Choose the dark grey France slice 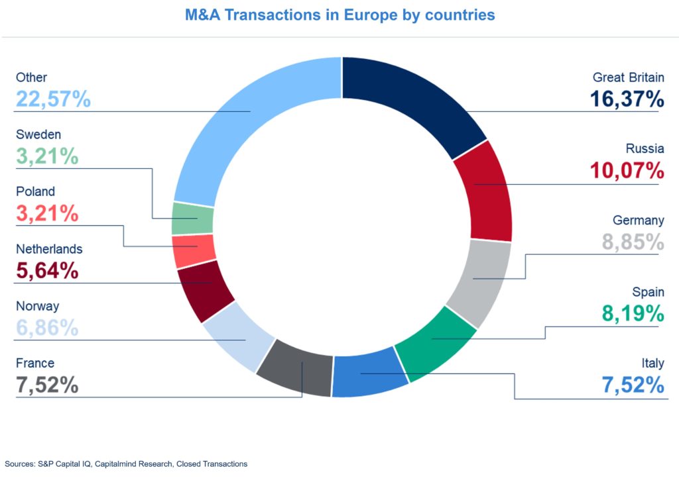click(x=295, y=368)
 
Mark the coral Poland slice click(x=194, y=250)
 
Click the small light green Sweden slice click(x=193, y=219)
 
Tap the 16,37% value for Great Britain click(x=627, y=99)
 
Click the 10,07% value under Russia click(x=627, y=170)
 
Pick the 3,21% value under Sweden click(x=47, y=156)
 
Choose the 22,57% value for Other click(x=53, y=99)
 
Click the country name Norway click(x=38, y=306)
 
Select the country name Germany click(x=638, y=221)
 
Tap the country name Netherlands click(x=49, y=249)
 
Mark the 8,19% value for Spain click(x=633, y=313)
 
